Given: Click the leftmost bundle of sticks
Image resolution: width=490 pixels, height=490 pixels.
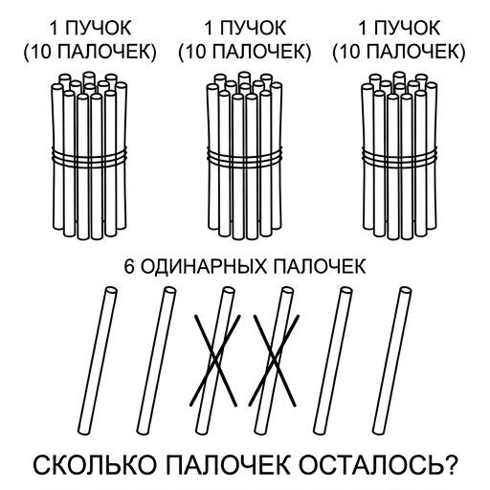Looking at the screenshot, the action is click(x=89, y=156).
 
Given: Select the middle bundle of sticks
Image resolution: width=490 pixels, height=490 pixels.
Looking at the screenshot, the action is click(x=244, y=156).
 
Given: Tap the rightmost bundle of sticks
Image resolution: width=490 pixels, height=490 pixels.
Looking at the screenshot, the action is click(x=399, y=156).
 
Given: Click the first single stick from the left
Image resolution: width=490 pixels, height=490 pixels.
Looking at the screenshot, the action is click(x=98, y=361).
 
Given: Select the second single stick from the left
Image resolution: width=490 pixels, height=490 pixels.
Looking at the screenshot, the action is click(x=156, y=361).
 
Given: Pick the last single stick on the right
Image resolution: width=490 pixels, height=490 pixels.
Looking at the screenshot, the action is click(x=392, y=361).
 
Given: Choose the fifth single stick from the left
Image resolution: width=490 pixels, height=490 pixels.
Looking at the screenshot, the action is click(x=333, y=361).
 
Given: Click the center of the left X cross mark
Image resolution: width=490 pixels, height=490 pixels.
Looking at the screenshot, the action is click(x=215, y=360).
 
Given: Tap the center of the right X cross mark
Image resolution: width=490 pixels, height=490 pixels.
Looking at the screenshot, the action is click(x=275, y=360).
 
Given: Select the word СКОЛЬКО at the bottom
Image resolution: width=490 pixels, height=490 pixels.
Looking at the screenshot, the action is click(x=95, y=465).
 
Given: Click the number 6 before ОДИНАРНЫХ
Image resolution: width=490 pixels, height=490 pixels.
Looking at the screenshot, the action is click(x=129, y=267).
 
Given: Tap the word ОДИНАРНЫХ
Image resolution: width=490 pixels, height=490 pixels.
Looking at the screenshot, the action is click(x=204, y=267).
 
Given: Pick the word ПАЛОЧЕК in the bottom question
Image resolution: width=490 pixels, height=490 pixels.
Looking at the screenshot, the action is click(x=227, y=465).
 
